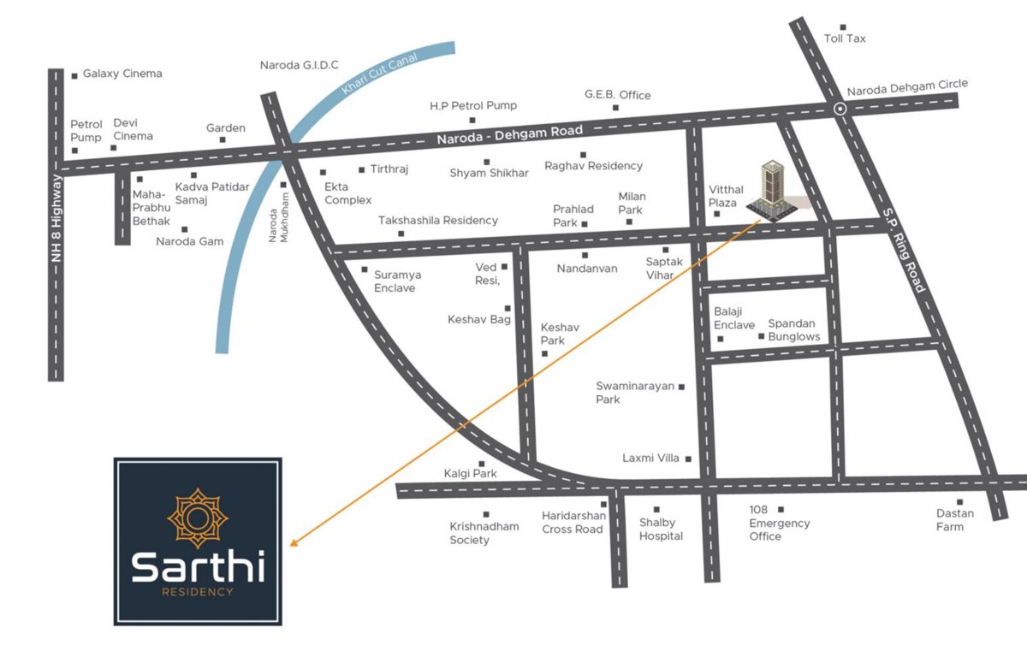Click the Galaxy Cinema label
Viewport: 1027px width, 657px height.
click(122, 74)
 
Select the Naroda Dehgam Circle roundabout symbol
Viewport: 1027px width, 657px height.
click(840, 109)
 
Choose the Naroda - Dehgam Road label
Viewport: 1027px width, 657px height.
click(510, 135)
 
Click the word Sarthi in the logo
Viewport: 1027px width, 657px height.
click(198, 566)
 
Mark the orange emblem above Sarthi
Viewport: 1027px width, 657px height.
click(198, 518)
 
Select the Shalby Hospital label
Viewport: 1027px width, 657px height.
click(661, 529)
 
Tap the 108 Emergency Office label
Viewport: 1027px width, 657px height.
click(779, 523)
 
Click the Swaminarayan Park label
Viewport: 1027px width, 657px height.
click(635, 393)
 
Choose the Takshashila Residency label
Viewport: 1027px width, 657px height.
click(438, 221)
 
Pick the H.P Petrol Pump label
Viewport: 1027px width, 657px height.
click(473, 106)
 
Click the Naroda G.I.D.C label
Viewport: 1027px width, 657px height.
click(300, 65)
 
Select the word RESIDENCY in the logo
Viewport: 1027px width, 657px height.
click(198, 591)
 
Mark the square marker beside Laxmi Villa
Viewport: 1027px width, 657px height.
click(688, 459)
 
